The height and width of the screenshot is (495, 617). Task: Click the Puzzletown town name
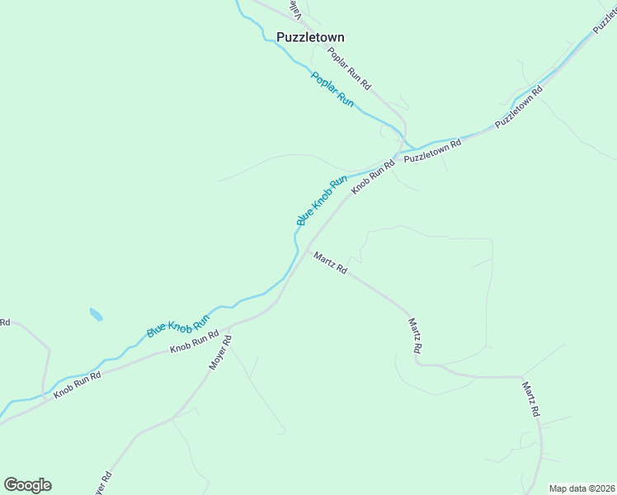(x=310, y=37)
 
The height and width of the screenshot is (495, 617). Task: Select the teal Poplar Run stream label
(x=332, y=90)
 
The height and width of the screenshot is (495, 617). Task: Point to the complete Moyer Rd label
(x=219, y=352)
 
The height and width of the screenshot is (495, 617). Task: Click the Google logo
(x=27, y=485)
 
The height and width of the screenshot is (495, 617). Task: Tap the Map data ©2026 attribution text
(x=581, y=488)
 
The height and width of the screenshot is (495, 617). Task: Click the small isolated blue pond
(x=97, y=314)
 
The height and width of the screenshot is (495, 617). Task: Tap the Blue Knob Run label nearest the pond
(x=178, y=319)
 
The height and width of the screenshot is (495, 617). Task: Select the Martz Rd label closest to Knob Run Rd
(x=331, y=263)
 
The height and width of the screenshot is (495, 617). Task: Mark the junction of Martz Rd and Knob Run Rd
(x=308, y=249)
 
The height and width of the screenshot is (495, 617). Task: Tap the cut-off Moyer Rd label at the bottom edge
(x=101, y=484)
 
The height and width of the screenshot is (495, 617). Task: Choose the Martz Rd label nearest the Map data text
(x=531, y=398)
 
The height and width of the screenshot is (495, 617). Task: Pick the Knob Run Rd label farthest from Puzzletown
(x=78, y=384)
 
